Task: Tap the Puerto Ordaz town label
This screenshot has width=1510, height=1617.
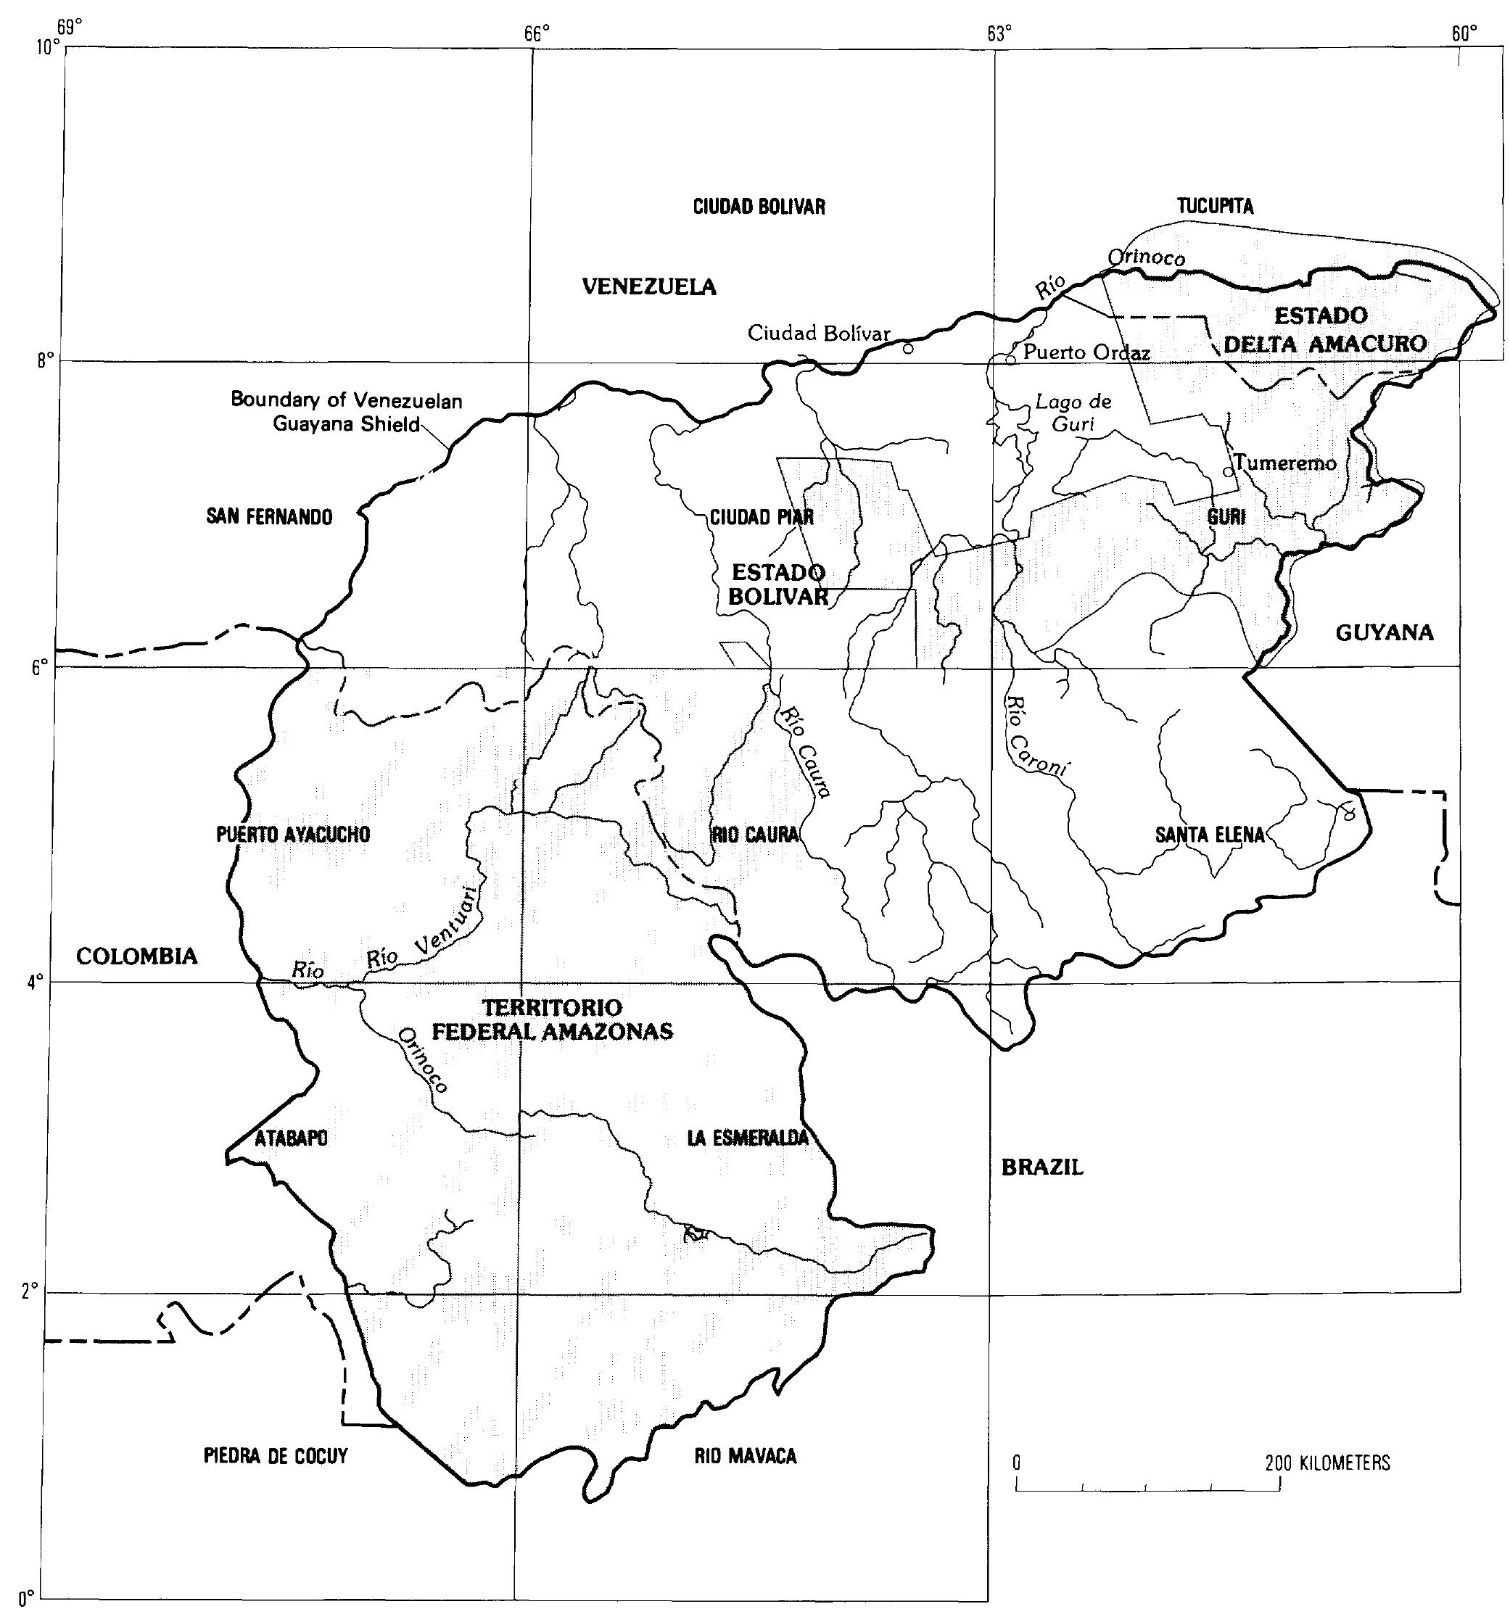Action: click(1087, 353)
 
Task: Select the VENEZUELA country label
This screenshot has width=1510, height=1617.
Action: click(649, 286)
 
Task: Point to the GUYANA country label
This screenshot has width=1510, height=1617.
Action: click(1385, 632)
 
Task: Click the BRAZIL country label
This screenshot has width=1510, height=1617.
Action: click(1042, 1168)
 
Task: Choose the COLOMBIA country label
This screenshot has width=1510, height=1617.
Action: click(136, 956)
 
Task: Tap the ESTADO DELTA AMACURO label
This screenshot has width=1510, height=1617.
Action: click(1324, 329)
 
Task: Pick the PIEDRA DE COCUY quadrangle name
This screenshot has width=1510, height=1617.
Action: click(276, 1456)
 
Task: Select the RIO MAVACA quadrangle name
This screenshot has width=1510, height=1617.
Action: click(746, 1456)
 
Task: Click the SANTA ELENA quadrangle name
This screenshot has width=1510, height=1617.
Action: click(1210, 835)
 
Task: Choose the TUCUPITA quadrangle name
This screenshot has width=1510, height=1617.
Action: click(1216, 207)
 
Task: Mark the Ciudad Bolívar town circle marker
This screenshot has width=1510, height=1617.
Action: click(908, 348)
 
